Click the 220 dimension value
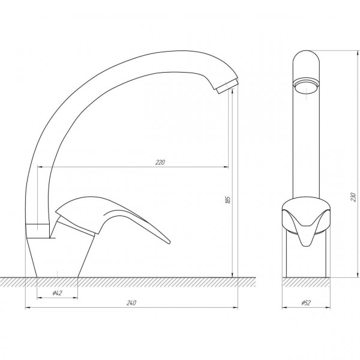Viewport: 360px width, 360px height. coord(160,163)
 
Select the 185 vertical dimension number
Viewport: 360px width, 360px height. coord(228,200)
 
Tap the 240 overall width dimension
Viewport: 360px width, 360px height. coord(131,303)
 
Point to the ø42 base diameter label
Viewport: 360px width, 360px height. coord(57,293)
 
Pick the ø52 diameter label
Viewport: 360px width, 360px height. coord(306,303)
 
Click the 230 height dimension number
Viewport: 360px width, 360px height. coord(353,197)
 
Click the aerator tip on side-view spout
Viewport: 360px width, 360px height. coord(228,86)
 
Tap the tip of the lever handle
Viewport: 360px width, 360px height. coord(169,242)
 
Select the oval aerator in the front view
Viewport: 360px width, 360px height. coord(306,85)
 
